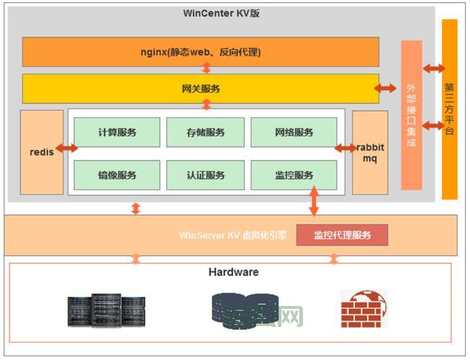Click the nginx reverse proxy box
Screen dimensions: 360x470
click(200, 52)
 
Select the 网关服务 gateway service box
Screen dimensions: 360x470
click(200, 89)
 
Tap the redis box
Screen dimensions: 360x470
click(42, 152)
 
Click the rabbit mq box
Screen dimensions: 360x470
click(370, 152)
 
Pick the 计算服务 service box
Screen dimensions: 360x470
click(117, 132)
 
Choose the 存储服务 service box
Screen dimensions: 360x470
click(205, 132)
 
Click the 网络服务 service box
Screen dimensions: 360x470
click(294, 132)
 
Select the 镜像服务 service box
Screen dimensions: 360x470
click(117, 175)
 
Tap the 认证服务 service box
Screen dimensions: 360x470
click(205, 175)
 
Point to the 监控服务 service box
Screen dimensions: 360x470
click(294, 175)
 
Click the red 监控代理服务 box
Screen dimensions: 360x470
click(342, 235)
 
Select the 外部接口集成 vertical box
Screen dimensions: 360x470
click(411, 115)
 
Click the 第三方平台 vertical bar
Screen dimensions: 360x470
click(450, 109)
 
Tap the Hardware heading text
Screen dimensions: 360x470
click(233, 272)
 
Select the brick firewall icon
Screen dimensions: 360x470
click(364, 309)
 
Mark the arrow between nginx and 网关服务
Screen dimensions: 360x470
click(207, 68)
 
